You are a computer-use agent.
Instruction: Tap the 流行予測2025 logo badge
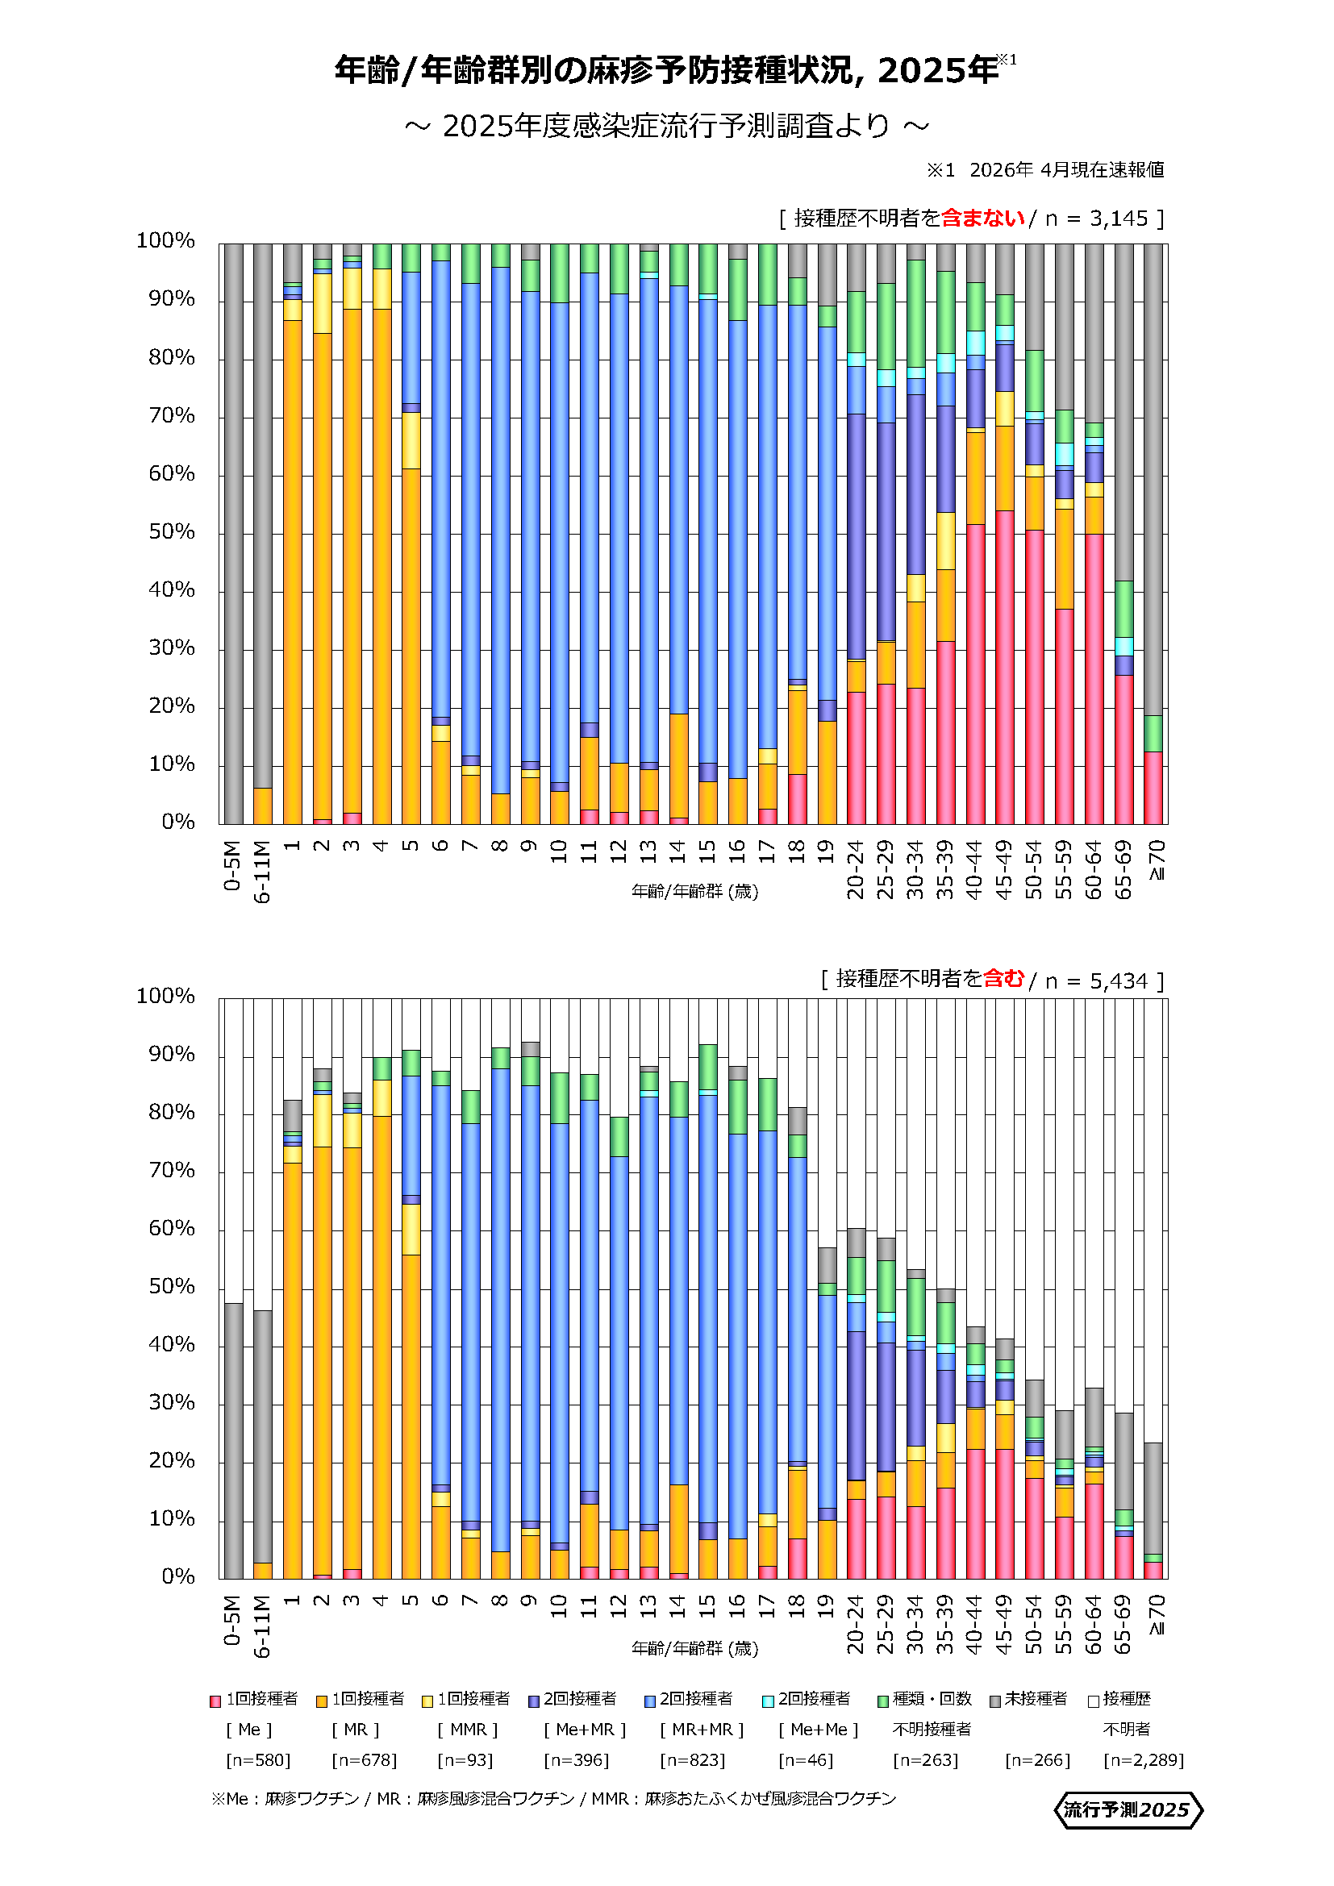[x=1127, y=1810]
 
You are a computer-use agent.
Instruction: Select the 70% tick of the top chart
[x=172, y=415]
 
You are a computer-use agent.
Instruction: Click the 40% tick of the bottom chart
[x=172, y=1345]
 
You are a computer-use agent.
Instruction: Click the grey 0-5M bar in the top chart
[x=233, y=534]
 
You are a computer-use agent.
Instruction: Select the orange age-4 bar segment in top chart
[x=382, y=567]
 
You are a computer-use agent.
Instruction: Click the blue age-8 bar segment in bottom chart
[x=501, y=1310]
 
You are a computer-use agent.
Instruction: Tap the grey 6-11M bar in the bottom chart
[x=263, y=1438]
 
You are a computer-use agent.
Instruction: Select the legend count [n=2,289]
[x=1144, y=1761]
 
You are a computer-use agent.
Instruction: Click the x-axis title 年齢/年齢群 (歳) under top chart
[x=695, y=892]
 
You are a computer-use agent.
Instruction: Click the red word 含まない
[x=983, y=218]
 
